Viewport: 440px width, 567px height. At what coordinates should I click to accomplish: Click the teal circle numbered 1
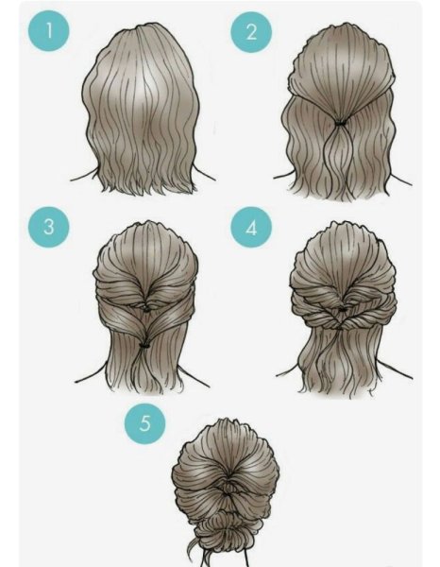49,31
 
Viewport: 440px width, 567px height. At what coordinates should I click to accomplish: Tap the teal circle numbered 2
251,32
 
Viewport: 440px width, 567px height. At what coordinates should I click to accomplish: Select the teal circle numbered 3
49,227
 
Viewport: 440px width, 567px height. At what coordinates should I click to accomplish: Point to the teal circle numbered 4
251,228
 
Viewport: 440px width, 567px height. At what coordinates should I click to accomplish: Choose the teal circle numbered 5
144,423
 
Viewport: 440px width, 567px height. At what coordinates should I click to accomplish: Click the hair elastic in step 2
340,123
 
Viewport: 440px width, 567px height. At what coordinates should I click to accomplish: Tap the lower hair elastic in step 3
144,345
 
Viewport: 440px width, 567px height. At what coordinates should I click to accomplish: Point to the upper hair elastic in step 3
146,310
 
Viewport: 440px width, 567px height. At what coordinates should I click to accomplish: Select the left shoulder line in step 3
91,374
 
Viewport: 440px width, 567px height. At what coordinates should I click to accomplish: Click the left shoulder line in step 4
288,370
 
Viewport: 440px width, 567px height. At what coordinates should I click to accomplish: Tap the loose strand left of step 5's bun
193,552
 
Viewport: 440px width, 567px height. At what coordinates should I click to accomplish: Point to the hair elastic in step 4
341,310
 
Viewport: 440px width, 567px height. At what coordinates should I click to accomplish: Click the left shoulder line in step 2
281,176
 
